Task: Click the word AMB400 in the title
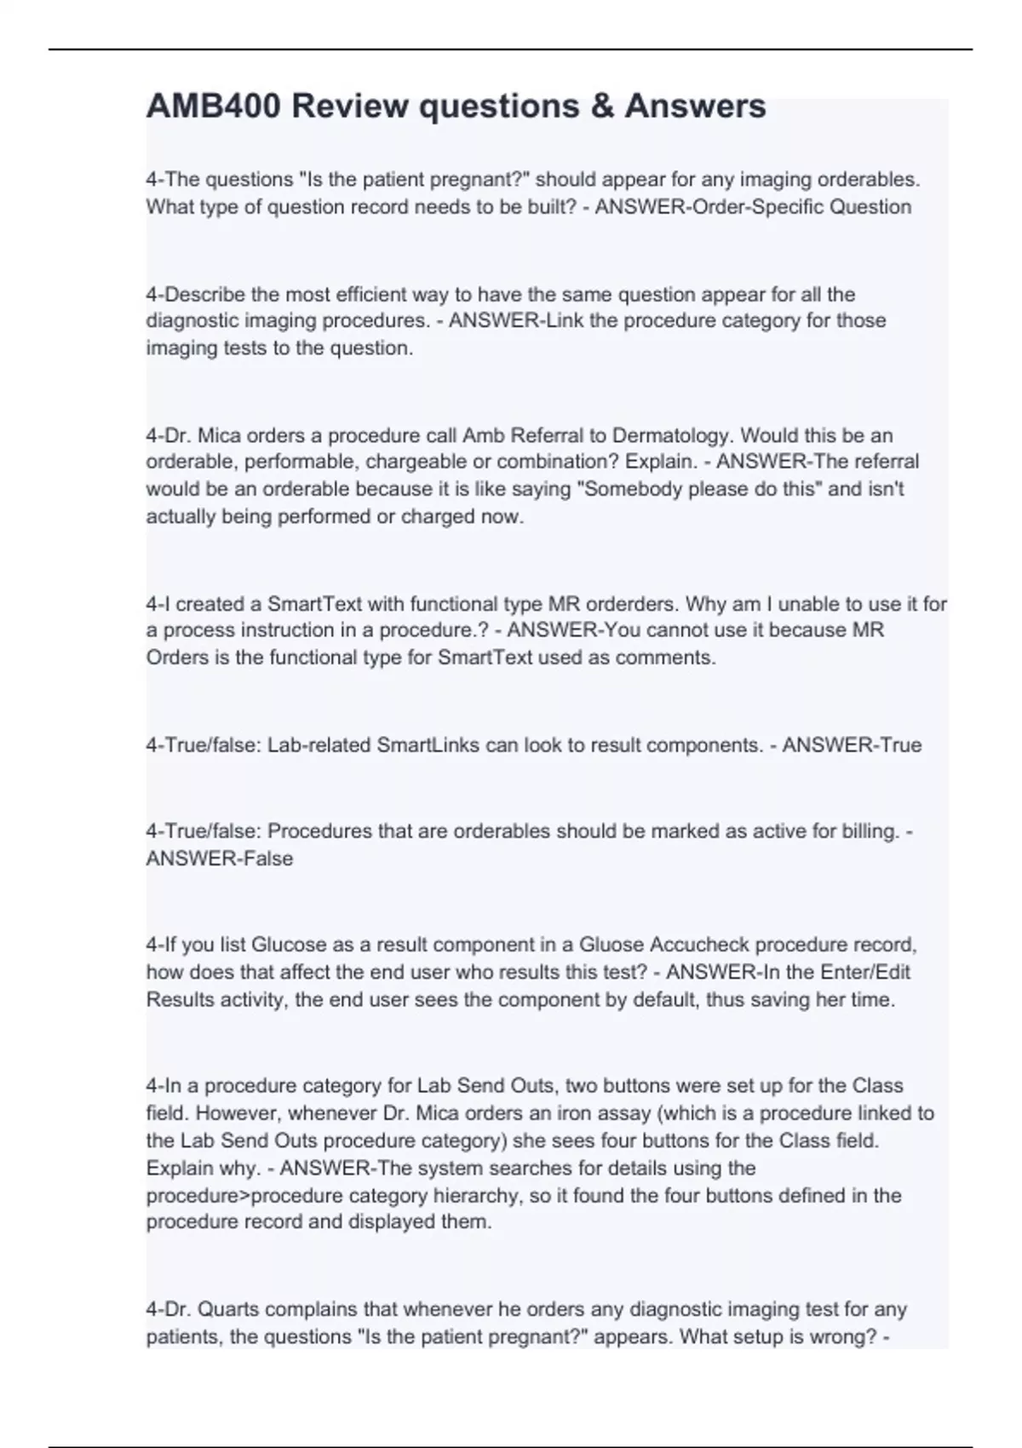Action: [x=213, y=106]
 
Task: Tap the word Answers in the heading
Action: [x=695, y=106]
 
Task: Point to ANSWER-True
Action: [x=852, y=745]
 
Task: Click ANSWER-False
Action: [x=220, y=859]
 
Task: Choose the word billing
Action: [x=869, y=831]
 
